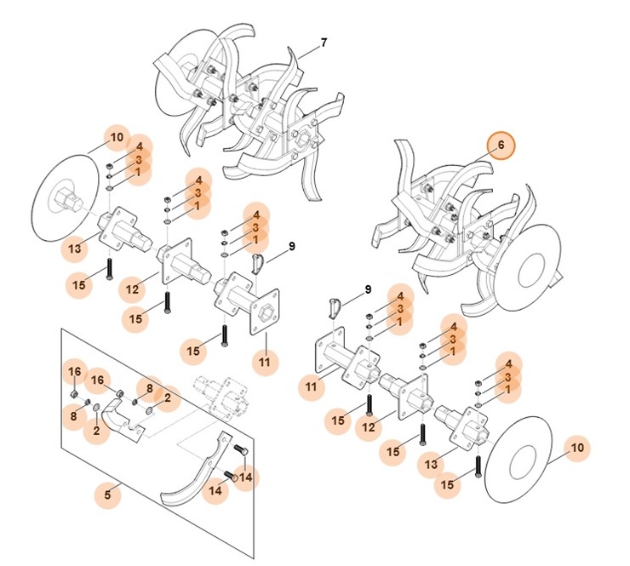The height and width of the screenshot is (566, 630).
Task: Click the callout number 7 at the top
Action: [324, 43]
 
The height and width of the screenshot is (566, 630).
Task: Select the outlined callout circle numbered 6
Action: [501, 146]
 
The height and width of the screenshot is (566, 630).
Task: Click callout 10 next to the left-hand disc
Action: [117, 137]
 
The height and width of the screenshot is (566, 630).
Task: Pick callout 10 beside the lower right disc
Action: [577, 448]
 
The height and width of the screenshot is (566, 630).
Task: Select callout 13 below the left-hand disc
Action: [75, 249]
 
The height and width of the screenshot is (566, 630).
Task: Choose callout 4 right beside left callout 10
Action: [140, 146]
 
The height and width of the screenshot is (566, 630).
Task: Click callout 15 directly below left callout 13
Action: [79, 283]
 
